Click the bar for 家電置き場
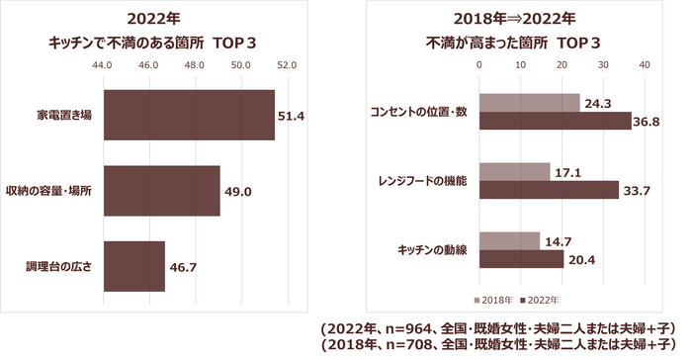(x=188, y=115)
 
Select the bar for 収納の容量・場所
(x=161, y=190)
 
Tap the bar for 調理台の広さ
(x=133, y=266)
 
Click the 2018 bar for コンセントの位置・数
(x=529, y=103)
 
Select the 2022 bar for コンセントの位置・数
(x=555, y=121)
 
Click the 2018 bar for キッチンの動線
(x=509, y=240)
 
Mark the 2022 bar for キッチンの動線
(x=521, y=258)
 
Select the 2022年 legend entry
(x=543, y=299)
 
